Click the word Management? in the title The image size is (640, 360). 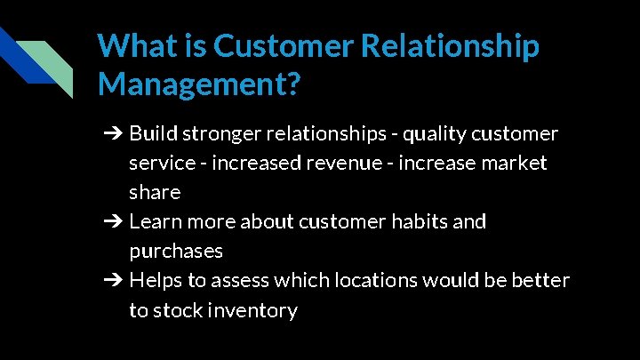(x=200, y=84)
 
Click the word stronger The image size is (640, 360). (x=226, y=134)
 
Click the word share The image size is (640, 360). (x=155, y=193)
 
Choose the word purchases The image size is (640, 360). (x=176, y=252)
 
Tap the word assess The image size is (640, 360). (x=238, y=281)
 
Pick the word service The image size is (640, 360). (x=162, y=164)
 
